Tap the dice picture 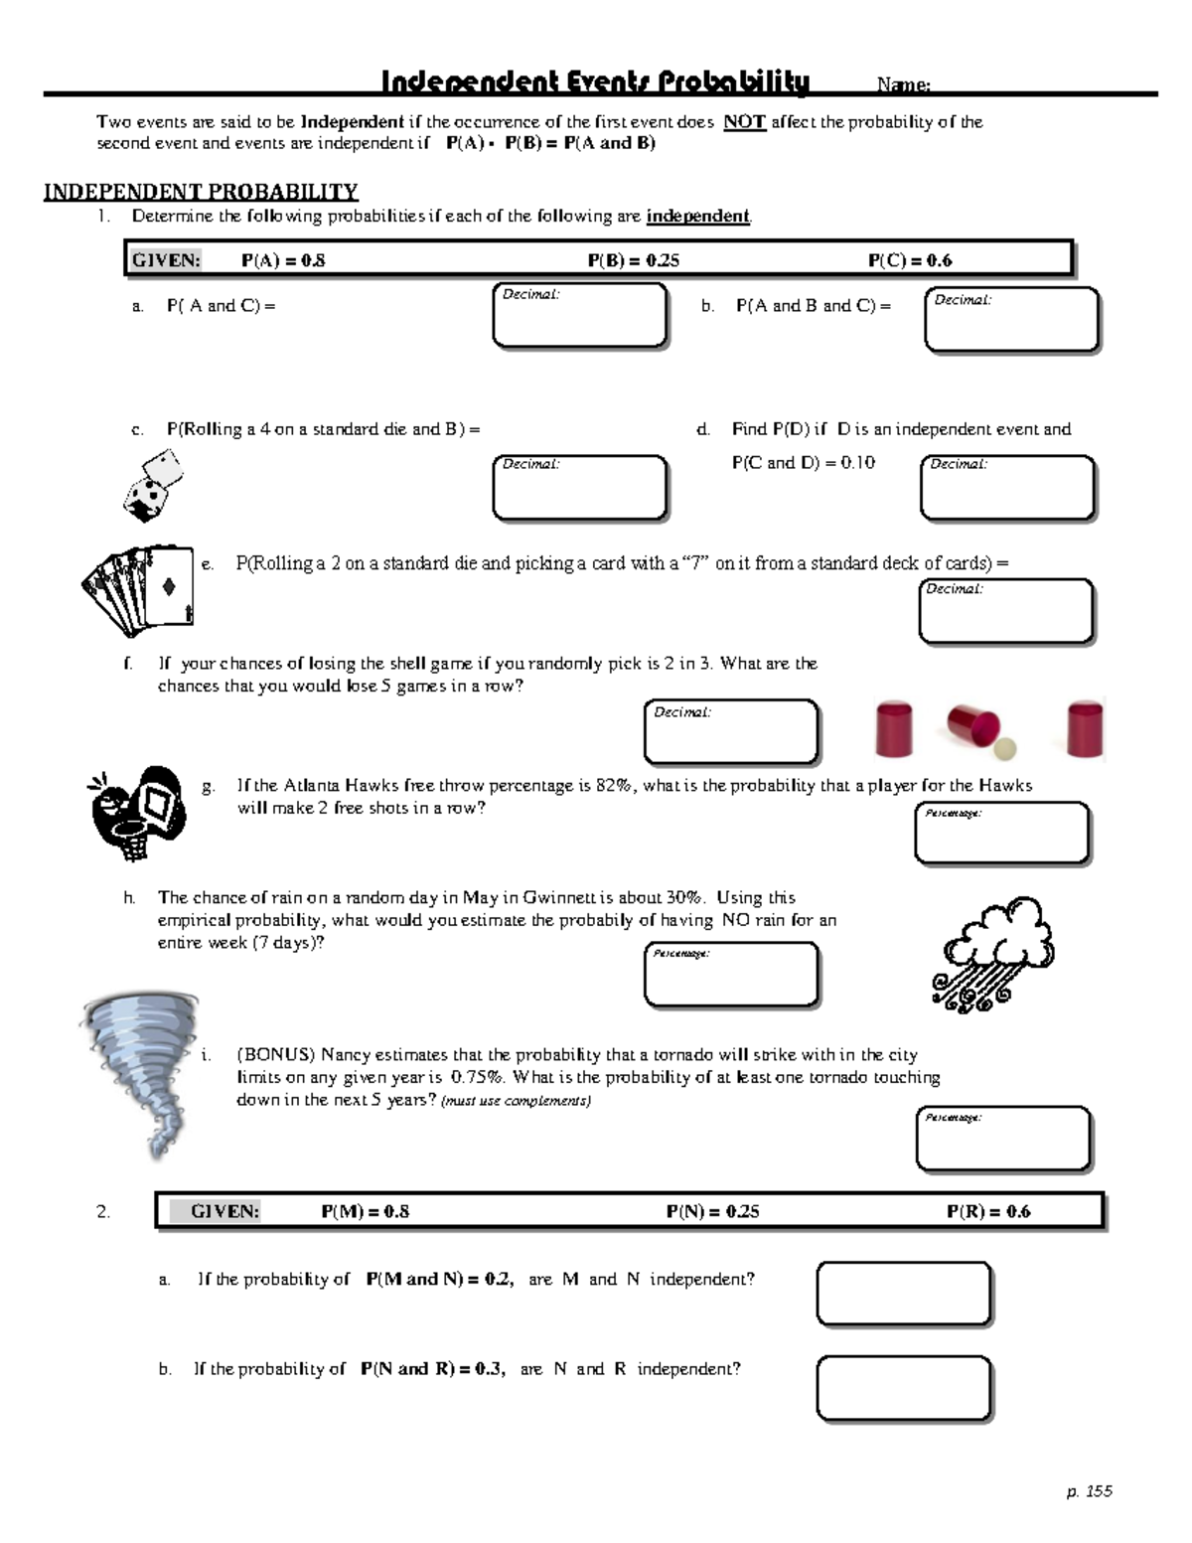click(x=155, y=485)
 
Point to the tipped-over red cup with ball click(x=979, y=731)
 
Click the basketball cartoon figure click(x=137, y=810)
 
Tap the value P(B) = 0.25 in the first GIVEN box click(x=633, y=260)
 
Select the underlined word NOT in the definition click(x=744, y=122)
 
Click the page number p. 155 click(x=1089, y=1491)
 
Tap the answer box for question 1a click(x=580, y=317)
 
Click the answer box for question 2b click(x=903, y=1387)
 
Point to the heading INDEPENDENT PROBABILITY click(x=201, y=191)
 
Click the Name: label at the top click(x=903, y=85)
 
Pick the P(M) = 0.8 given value click(x=365, y=1211)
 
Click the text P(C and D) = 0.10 click(x=803, y=462)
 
